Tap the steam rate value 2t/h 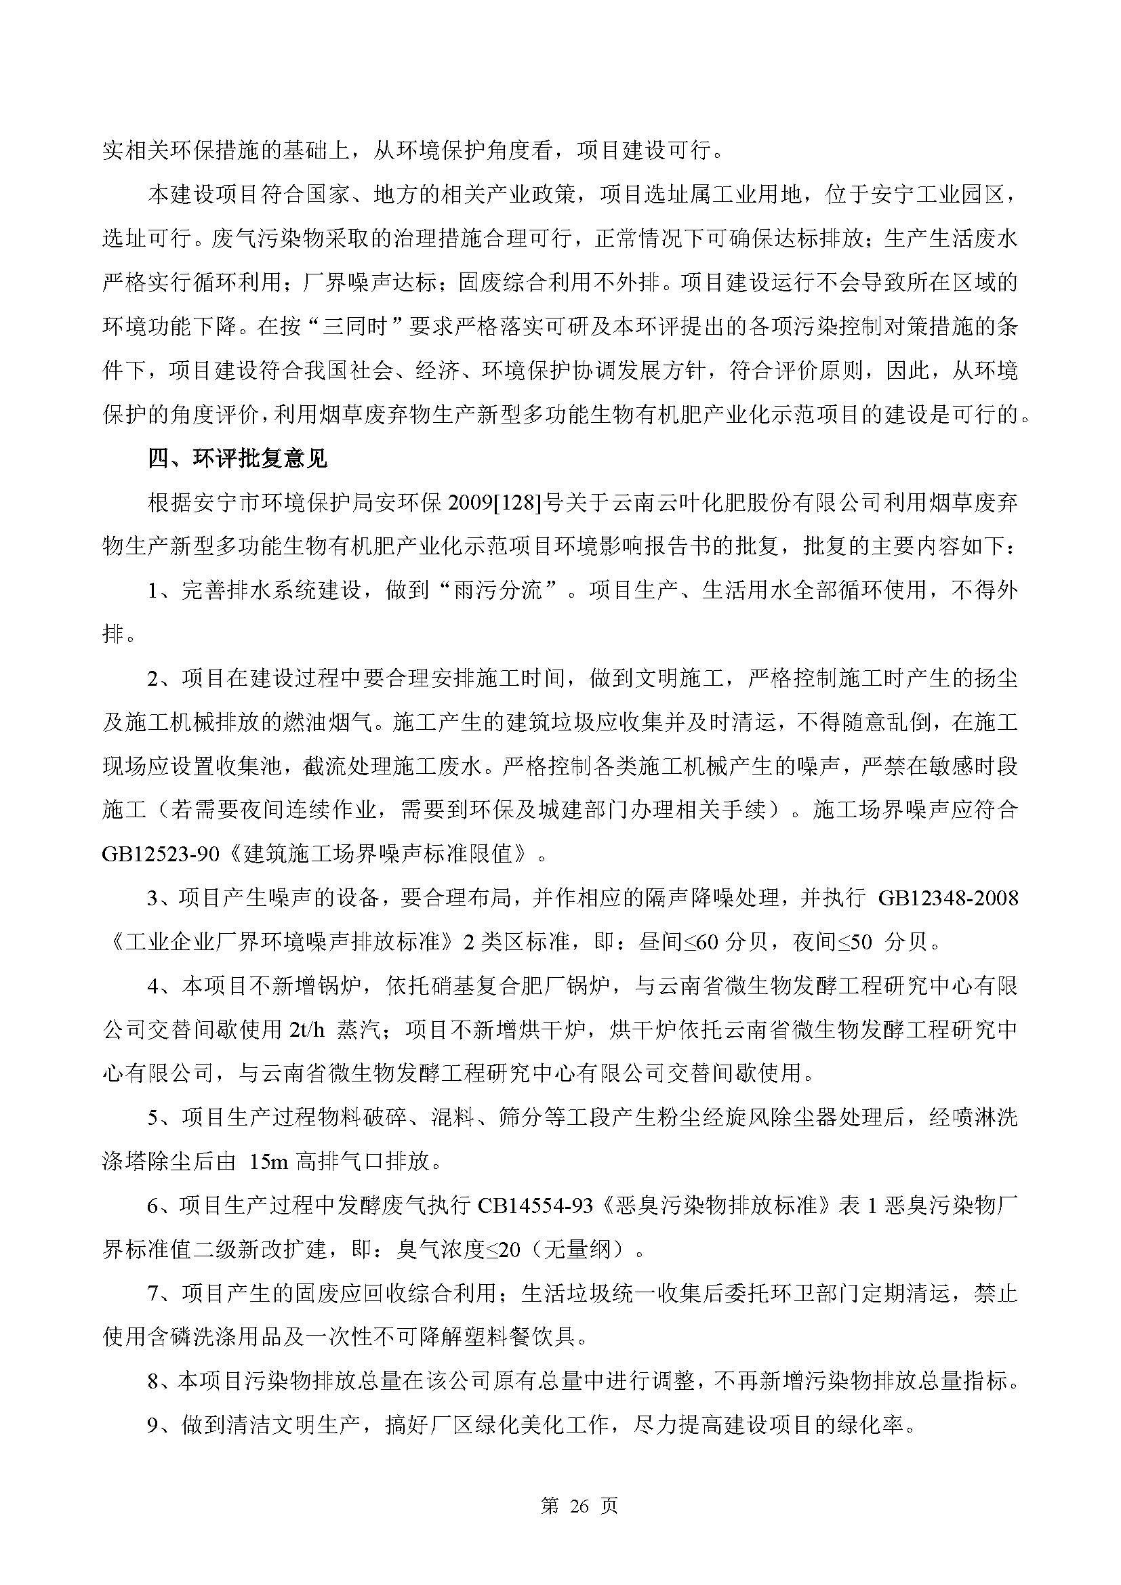point(303,1031)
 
